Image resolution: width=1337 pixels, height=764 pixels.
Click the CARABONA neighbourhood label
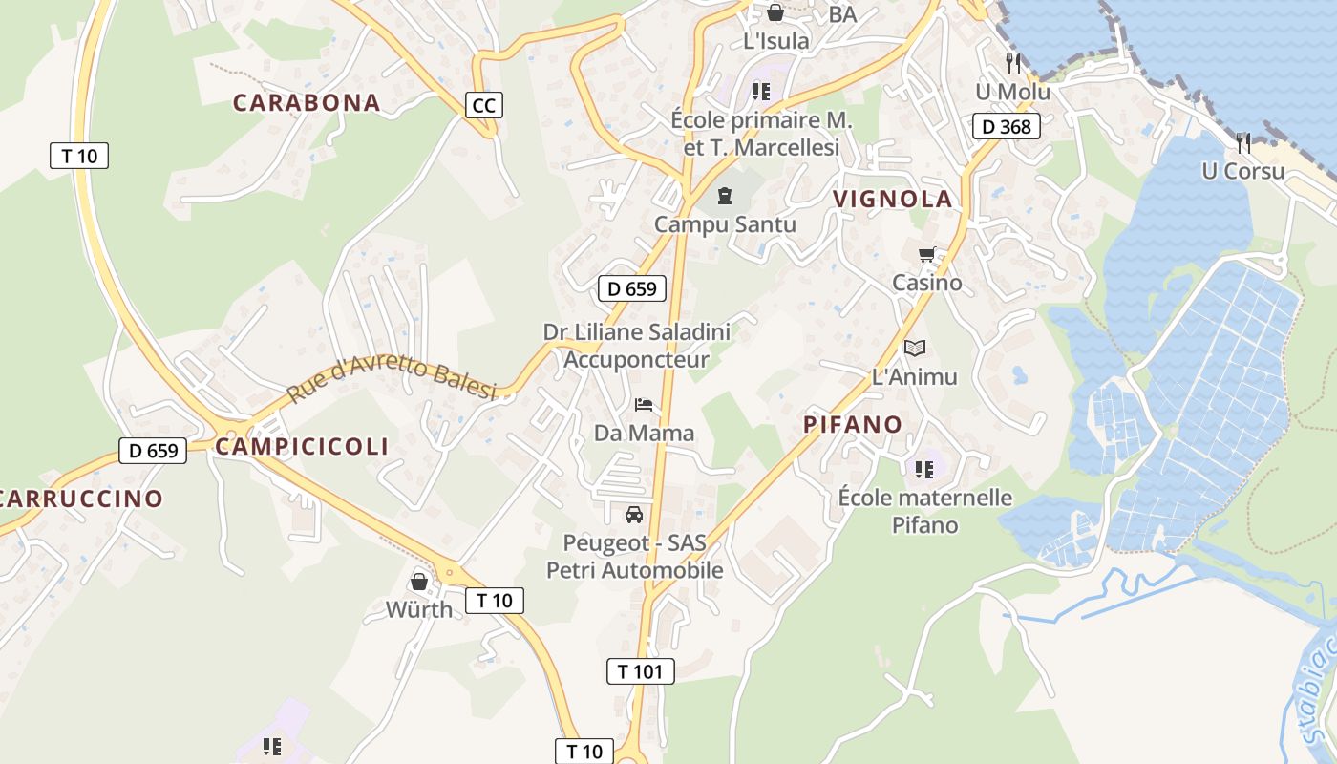point(307,102)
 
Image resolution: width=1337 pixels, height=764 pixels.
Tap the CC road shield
point(484,105)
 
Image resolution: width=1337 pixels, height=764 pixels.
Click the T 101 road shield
point(640,671)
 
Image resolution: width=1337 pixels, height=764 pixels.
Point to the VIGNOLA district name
point(893,199)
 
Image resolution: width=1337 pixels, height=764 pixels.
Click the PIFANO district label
point(853,424)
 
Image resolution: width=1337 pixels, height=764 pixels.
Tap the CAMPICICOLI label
point(302,446)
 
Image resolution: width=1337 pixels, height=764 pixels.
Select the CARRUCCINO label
point(80,498)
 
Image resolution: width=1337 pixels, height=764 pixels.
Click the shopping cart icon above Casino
point(926,255)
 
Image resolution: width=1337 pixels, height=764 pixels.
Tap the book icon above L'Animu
point(914,349)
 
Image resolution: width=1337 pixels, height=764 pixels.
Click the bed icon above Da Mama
point(644,405)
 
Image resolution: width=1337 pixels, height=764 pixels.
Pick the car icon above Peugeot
point(633,516)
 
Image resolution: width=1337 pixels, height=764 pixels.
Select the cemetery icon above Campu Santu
point(725,196)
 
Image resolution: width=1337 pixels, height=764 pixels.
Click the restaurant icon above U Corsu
point(1242,143)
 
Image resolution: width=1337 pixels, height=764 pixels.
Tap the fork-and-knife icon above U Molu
point(1013,64)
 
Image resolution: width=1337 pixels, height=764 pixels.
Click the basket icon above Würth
point(418,581)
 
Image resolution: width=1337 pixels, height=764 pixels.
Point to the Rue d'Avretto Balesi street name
point(393,379)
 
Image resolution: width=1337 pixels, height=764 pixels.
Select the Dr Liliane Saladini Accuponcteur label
point(636,346)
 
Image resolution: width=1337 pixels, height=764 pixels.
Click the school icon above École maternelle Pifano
point(923,469)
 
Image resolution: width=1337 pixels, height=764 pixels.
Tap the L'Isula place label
point(775,41)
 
